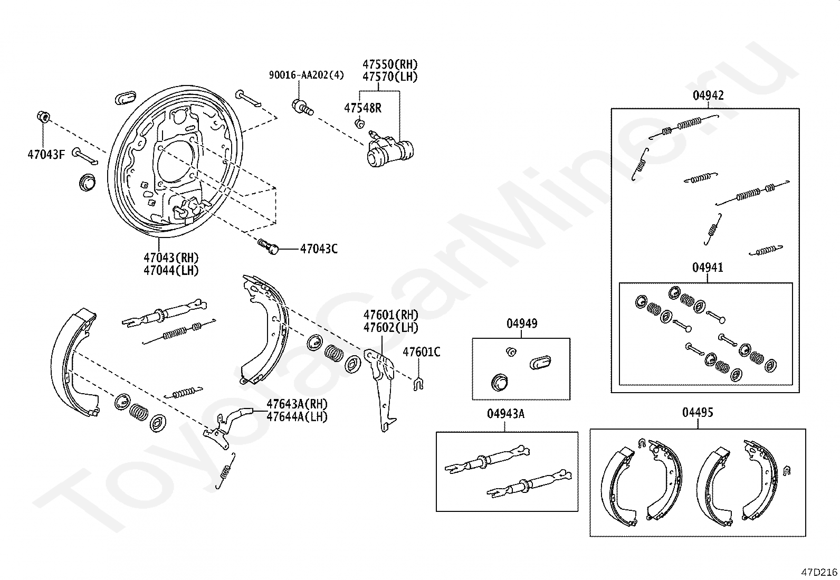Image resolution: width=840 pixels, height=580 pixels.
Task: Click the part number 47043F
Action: click(x=46, y=155)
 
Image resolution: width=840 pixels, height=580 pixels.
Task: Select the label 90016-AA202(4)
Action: click(x=306, y=75)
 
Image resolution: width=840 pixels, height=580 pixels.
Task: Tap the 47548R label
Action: click(x=362, y=108)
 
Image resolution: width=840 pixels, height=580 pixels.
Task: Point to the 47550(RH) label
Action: click(x=390, y=64)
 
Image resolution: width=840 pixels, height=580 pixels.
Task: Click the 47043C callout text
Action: click(x=319, y=249)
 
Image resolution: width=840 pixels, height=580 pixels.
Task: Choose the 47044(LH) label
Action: click(x=171, y=270)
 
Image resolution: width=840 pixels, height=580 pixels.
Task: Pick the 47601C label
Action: click(x=422, y=352)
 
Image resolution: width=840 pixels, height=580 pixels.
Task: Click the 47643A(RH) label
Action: click(x=297, y=404)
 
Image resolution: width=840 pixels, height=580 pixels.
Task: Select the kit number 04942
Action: click(x=708, y=96)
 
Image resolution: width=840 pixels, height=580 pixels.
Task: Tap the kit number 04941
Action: click(x=708, y=268)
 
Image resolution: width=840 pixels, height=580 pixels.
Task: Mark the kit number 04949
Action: click(x=522, y=324)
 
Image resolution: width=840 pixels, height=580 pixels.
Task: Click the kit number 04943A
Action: click(x=505, y=414)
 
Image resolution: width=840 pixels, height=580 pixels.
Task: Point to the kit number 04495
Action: click(x=698, y=412)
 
